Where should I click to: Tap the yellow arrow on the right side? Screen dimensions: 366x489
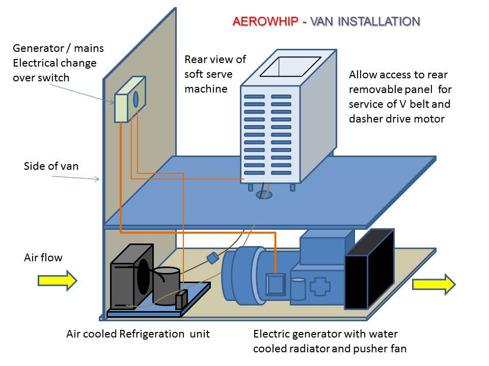433,284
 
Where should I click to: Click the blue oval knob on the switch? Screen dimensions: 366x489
136,99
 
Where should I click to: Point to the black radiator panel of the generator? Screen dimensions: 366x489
369,269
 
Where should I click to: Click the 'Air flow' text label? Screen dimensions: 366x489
43,258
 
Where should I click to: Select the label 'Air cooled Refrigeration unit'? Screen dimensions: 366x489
138,334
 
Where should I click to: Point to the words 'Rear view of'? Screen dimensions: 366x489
215,59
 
